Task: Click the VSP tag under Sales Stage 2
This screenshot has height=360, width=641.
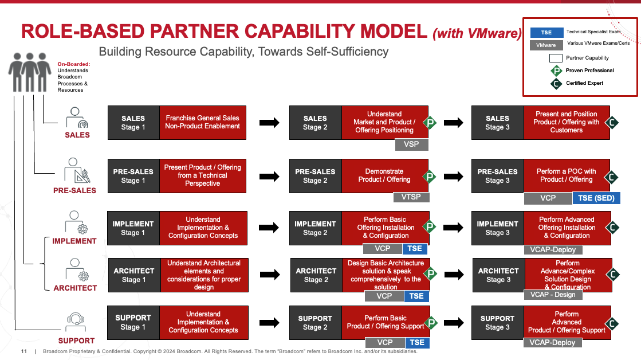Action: pos(411,144)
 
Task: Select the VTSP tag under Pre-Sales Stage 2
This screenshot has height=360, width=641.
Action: pos(411,197)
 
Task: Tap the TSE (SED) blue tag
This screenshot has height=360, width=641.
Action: pos(596,198)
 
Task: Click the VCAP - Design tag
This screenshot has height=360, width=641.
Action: pos(552,294)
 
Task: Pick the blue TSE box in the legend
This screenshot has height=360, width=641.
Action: pos(546,32)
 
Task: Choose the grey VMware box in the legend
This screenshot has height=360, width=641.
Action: pos(546,45)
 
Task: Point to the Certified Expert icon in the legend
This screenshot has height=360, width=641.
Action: pos(556,84)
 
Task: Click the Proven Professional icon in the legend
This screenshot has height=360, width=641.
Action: pos(556,71)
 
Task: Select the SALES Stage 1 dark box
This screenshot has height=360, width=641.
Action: pos(133,123)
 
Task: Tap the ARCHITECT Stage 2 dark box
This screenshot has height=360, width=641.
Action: pos(316,275)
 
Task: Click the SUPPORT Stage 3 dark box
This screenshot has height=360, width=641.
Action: pos(497,323)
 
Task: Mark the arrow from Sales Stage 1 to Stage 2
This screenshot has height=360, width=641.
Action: pos(269,123)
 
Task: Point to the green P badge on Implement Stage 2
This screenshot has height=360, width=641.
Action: pos(430,227)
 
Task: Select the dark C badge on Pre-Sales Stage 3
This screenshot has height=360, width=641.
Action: pos(612,177)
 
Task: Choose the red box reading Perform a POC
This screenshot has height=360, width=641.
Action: pos(566,175)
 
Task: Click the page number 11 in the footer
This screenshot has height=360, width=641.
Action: pos(24,351)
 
